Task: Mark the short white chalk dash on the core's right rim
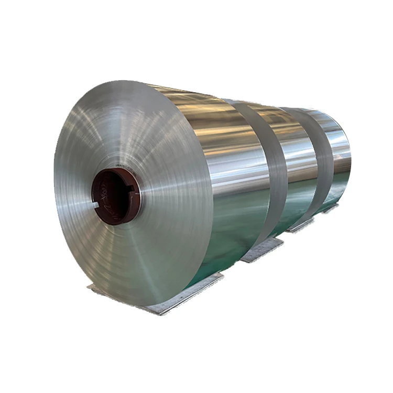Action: [138, 202]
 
